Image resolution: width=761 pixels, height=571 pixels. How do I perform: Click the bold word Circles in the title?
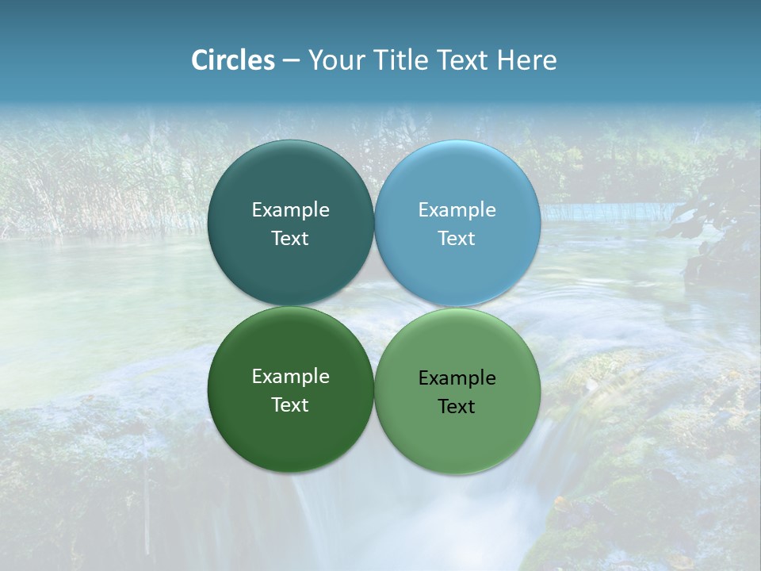point(232,60)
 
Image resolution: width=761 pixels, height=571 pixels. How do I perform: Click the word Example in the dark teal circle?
point(290,210)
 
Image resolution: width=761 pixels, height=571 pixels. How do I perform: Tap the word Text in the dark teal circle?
point(290,239)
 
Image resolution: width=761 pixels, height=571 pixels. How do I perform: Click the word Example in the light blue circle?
point(457,210)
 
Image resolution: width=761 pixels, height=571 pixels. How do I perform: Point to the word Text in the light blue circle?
point(457,239)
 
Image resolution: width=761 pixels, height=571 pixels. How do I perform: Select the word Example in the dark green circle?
point(290,377)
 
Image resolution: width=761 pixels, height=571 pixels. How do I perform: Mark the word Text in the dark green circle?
point(290,405)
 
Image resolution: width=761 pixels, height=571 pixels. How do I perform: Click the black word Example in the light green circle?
point(457,378)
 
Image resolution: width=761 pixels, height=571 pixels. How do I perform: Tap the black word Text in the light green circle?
point(457,407)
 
